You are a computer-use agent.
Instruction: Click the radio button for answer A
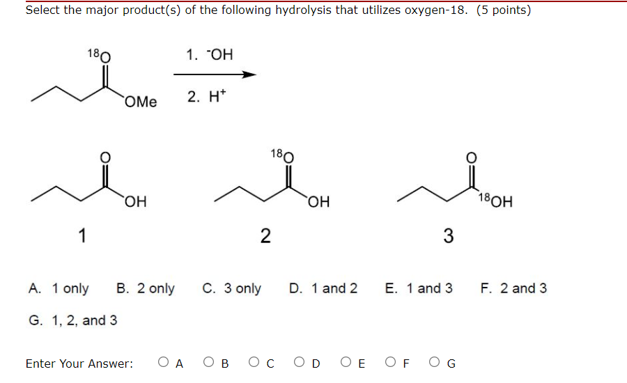pyautogui.click(x=163, y=362)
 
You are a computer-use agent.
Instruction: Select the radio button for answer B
pyautogui.click(x=209, y=362)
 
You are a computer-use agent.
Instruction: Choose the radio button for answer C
pyautogui.click(x=254, y=362)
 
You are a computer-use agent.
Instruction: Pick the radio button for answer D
pyautogui.click(x=300, y=362)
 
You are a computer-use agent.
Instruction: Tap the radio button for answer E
pyautogui.click(x=346, y=362)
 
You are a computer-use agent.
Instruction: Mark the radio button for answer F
pyautogui.click(x=391, y=362)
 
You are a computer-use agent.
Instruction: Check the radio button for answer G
pyautogui.click(x=436, y=362)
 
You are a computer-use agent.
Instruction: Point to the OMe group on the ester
pyautogui.click(x=141, y=102)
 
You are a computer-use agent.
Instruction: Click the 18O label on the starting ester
pyautogui.click(x=98, y=54)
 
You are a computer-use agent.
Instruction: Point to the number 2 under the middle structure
pyautogui.click(x=265, y=237)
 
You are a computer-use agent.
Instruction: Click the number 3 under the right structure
pyautogui.click(x=448, y=237)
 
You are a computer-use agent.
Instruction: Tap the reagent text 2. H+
pyautogui.click(x=203, y=97)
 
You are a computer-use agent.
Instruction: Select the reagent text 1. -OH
pyautogui.click(x=210, y=54)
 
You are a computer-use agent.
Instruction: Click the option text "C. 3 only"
pyautogui.click(x=231, y=288)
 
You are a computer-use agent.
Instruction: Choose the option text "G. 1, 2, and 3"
pyautogui.click(x=72, y=321)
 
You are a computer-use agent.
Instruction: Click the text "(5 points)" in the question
pyautogui.click(x=504, y=10)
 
